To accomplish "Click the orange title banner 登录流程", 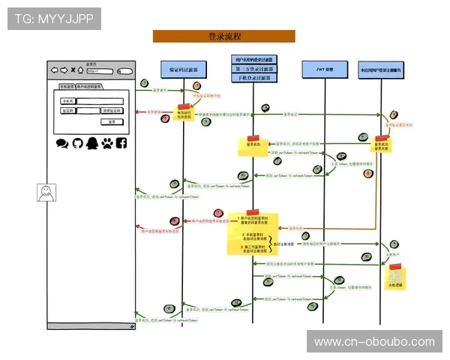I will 223,36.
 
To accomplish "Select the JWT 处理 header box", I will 322,69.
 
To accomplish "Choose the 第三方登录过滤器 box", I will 253,68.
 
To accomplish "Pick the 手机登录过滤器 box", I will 253,78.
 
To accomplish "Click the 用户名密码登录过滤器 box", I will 253,59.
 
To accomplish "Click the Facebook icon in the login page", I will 121,142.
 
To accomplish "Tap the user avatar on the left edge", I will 46,192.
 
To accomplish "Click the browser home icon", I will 81,71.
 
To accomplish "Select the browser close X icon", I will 72,71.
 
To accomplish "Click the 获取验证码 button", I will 110,111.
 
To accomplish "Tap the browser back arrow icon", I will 54,71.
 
